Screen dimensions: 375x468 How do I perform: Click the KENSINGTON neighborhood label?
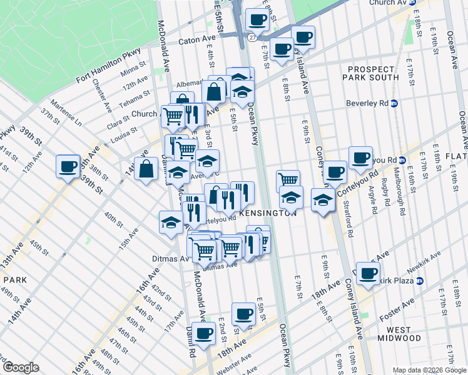point(267,213)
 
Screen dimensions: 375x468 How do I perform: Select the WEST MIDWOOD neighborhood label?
point(399,334)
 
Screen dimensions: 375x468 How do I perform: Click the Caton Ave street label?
point(197,41)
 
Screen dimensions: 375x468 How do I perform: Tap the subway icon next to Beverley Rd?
point(394,104)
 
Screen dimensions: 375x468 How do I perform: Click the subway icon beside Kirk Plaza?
point(420,281)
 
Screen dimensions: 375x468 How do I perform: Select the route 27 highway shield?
point(251,37)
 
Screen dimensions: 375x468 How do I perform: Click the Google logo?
point(21,367)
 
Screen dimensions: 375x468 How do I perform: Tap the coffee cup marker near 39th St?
point(68,167)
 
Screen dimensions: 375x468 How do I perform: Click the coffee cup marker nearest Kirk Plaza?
point(369,273)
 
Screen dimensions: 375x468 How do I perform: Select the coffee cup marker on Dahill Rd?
point(203,334)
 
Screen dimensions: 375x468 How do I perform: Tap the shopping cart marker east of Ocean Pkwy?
point(288,181)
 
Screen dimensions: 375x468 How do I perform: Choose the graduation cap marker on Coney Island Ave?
point(322,201)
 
